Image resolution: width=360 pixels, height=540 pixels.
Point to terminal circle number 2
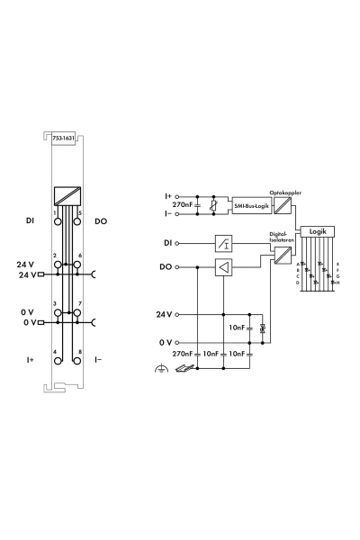click(57, 264)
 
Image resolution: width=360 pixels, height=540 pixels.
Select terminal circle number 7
click(78, 313)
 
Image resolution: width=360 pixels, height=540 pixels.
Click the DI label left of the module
click(30, 220)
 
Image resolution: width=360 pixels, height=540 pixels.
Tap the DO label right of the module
click(101, 220)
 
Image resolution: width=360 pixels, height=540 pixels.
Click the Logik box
click(318, 231)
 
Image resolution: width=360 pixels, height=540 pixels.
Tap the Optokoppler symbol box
click(281, 203)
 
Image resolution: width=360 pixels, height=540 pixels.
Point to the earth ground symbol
click(160, 370)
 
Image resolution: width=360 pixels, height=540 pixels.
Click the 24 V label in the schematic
click(163, 314)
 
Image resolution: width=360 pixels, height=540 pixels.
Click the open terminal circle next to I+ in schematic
click(177, 196)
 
